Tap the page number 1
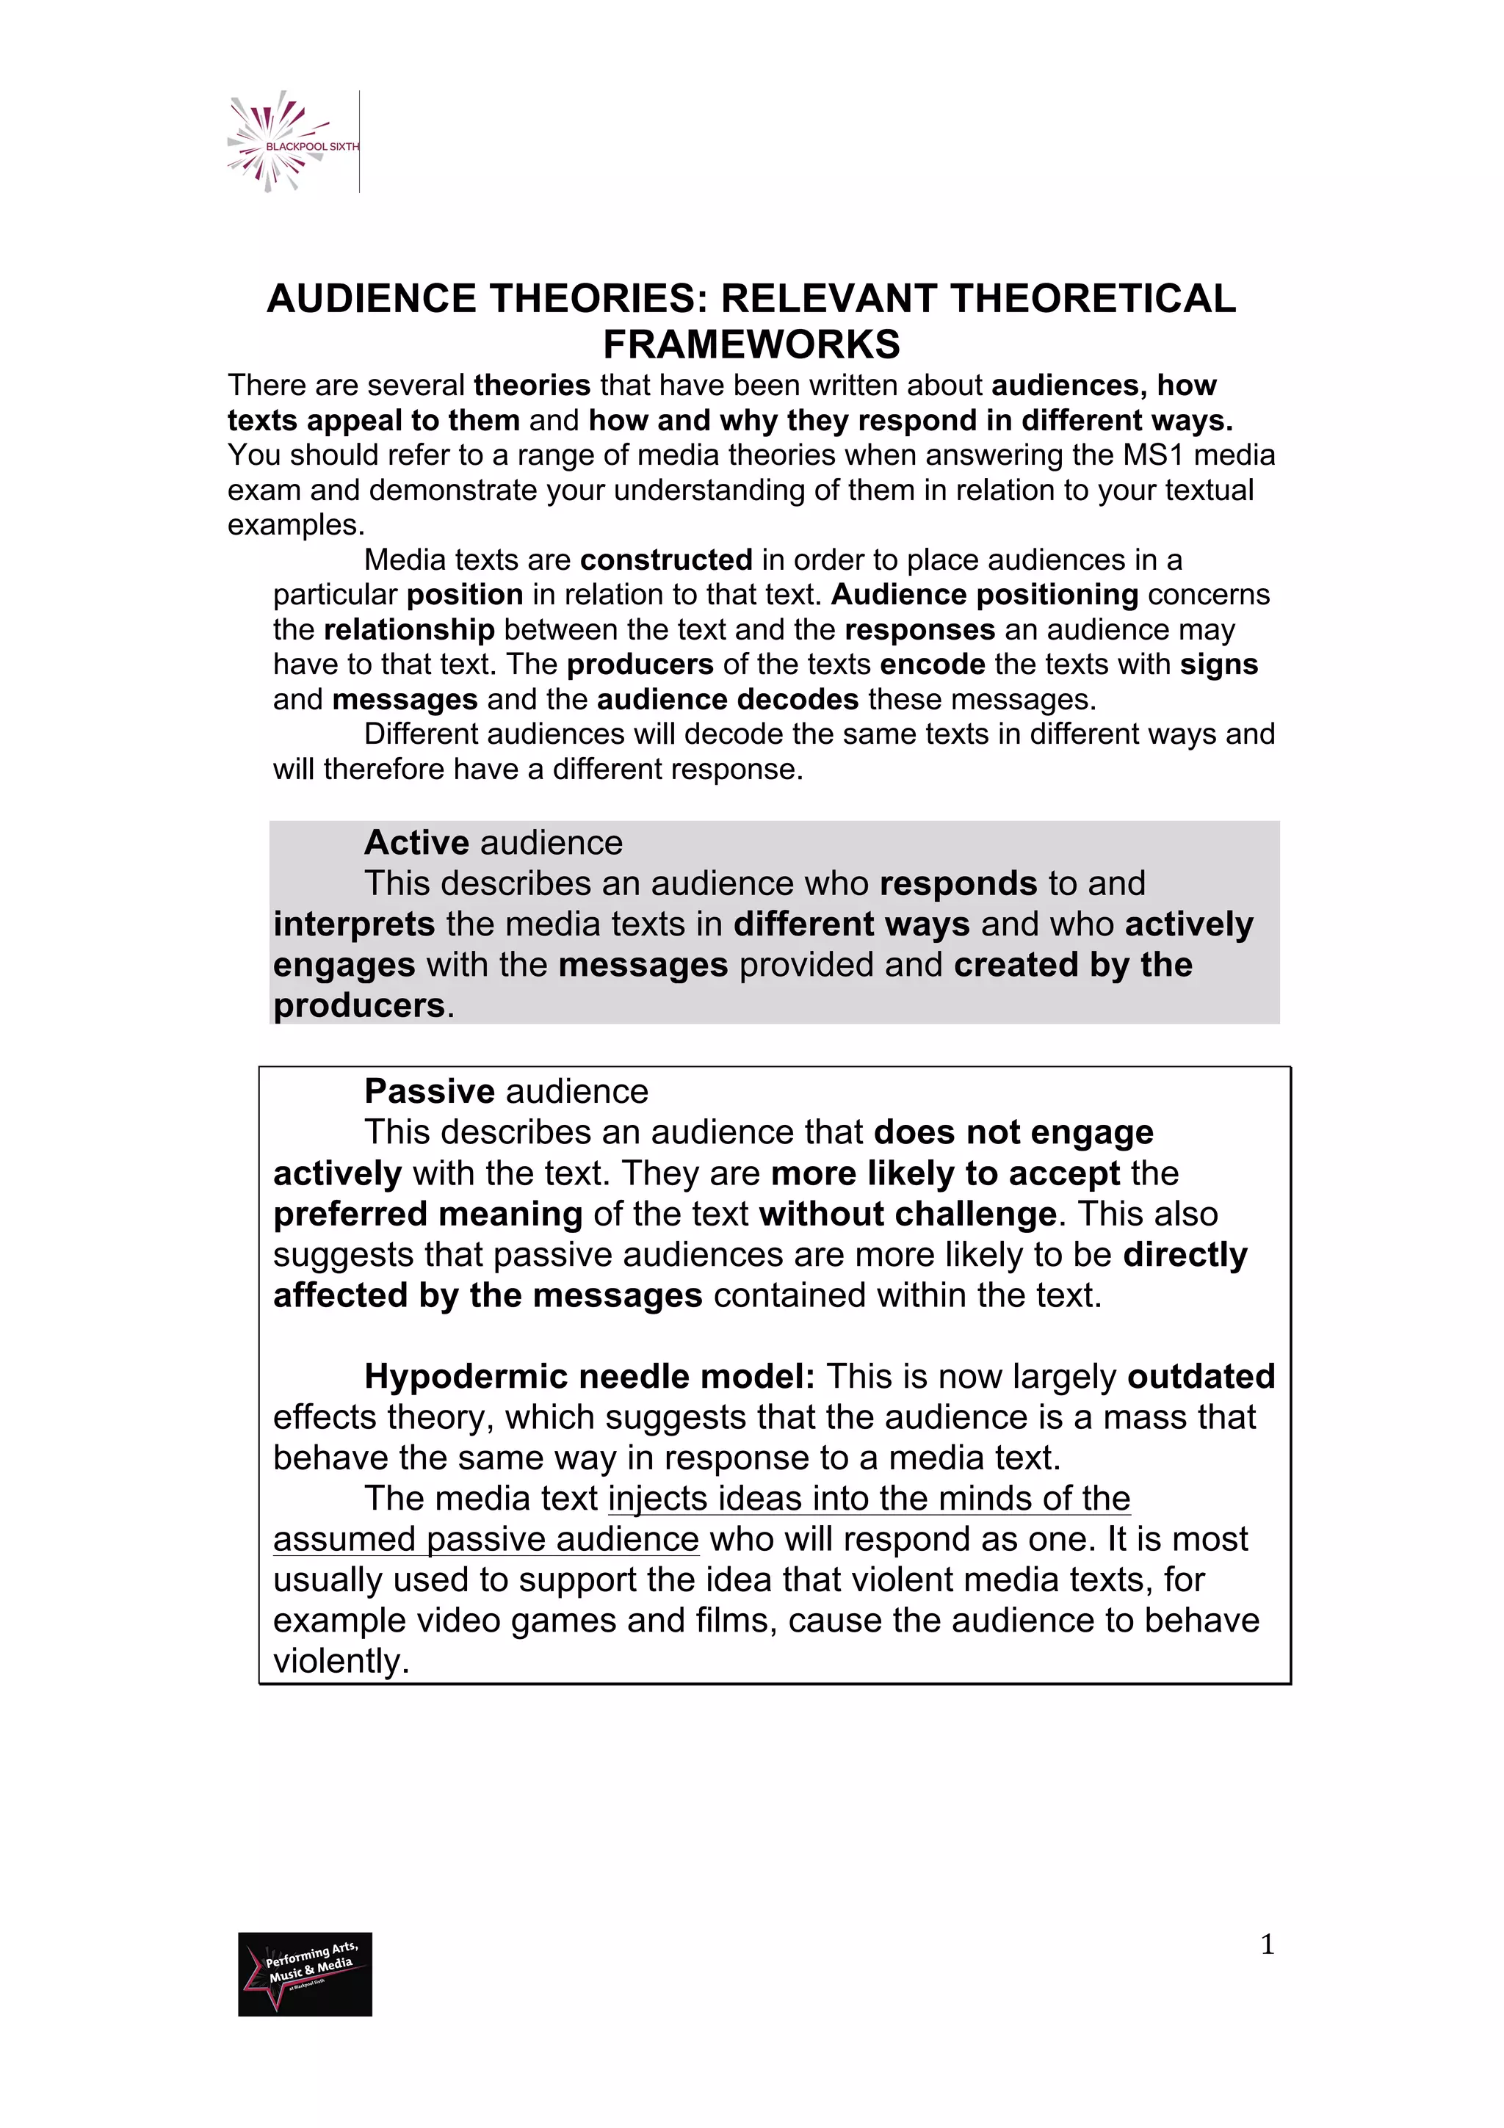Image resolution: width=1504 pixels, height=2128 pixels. [x=1267, y=1944]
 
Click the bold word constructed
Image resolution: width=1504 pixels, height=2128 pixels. [x=665, y=560]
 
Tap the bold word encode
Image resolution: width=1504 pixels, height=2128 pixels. [x=932, y=665]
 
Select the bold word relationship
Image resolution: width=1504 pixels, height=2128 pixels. [x=408, y=630]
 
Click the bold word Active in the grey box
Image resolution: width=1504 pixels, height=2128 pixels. [x=417, y=842]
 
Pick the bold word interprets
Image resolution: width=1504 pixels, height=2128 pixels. [x=354, y=924]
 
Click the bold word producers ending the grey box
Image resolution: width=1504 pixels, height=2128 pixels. [x=358, y=1005]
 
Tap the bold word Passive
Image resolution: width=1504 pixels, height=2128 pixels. [x=429, y=1092]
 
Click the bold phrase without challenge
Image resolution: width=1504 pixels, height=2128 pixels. [x=907, y=1214]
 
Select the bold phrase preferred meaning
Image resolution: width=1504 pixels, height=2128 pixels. [x=427, y=1214]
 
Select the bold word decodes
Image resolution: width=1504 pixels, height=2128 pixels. [x=797, y=699]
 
